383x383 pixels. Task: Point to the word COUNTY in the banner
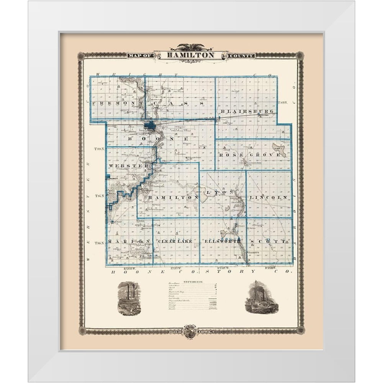[x=241, y=56]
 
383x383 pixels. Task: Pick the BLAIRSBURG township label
[x=247, y=111]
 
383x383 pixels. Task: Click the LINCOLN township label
[x=268, y=197]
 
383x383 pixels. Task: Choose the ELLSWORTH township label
[x=223, y=241]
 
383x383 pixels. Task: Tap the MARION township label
[x=124, y=241]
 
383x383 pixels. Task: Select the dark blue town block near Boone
[x=150, y=125]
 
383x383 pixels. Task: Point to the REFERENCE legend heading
[x=190, y=282]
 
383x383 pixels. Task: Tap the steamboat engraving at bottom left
[x=129, y=298]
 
